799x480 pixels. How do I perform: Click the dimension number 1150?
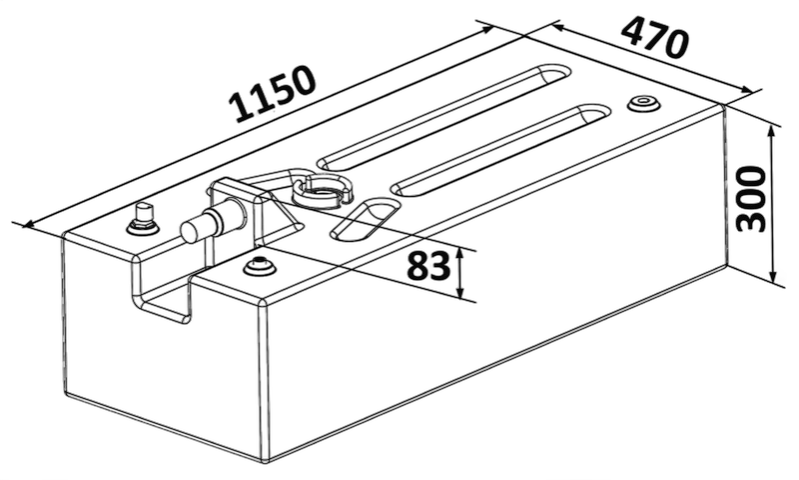click(272, 94)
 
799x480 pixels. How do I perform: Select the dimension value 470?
click(655, 37)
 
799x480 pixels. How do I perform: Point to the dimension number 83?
click(429, 266)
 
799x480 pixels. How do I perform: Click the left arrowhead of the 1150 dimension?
click(30, 223)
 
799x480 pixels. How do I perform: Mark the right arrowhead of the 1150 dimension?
click(487, 29)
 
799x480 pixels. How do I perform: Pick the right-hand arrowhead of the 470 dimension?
click(746, 89)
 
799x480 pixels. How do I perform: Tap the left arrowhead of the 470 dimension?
click(558, 28)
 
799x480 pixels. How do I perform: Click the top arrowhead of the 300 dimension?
click(773, 132)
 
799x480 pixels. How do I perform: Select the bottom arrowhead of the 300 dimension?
click(773, 276)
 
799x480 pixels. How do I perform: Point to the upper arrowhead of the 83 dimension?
click(460, 254)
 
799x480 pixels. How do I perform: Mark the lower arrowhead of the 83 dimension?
click(460, 292)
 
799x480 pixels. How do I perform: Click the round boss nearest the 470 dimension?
click(643, 103)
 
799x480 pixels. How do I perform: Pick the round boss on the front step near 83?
click(260, 267)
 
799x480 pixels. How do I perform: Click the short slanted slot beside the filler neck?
click(365, 219)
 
